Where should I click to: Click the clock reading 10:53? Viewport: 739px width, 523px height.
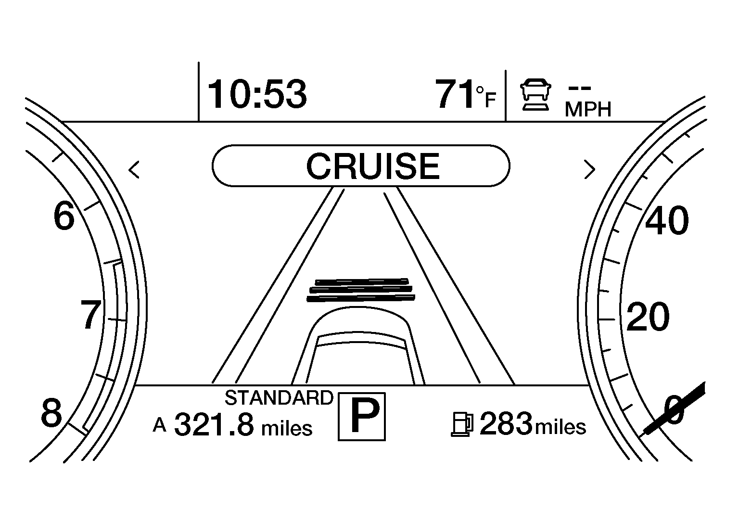(x=257, y=94)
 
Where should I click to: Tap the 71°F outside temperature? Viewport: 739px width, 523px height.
(x=466, y=94)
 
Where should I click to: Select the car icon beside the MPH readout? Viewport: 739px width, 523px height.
(x=536, y=95)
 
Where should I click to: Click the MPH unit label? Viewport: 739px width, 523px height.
(x=588, y=109)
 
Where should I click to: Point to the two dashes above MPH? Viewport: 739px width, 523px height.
(x=580, y=88)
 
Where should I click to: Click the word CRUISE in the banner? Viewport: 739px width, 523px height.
(x=373, y=166)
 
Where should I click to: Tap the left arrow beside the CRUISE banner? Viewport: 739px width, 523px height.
(x=134, y=170)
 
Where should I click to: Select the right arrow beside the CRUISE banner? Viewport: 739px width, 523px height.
(x=590, y=170)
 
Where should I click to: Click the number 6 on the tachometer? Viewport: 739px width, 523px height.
(x=64, y=216)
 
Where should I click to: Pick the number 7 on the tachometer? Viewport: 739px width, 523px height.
(x=91, y=315)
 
